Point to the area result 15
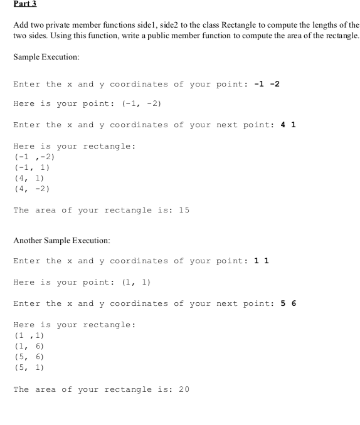(x=184, y=210)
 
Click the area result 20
(x=184, y=389)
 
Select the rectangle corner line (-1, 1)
(x=31, y=167)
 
